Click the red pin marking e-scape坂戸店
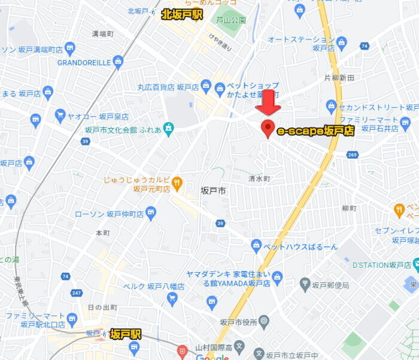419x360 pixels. click(x=268, y=128)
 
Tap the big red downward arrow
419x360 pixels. click(x=268, y=102)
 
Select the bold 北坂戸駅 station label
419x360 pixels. click(x=182, y=14)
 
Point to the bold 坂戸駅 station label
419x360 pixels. click(x=126, y=334)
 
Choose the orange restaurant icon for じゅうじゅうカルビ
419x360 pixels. click(x=177, y=182)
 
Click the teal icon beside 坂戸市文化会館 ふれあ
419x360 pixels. click(x=169, y=129)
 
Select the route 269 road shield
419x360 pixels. click(x=352, y=155)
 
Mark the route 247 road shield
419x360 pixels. click(x=77, y=294)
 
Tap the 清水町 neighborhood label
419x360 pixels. click(x=260, y=178)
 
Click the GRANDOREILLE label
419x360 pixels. click(x=84, y=62)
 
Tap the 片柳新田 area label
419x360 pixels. click(x=339, y=78)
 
